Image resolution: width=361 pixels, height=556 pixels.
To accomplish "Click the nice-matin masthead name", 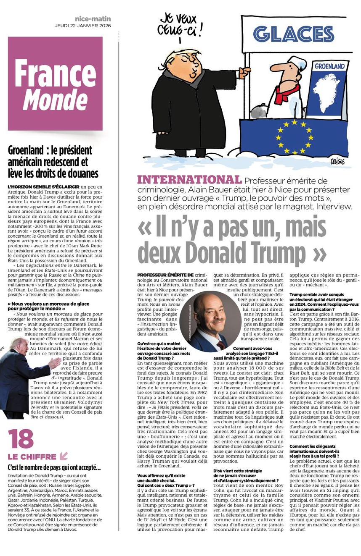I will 93,18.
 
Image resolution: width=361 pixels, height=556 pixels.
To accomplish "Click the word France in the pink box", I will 55,73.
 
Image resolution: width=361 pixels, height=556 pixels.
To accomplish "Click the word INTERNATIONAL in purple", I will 189,180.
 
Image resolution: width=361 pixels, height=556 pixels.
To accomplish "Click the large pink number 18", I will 21,438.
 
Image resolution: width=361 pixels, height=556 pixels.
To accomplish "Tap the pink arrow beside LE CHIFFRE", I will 64,456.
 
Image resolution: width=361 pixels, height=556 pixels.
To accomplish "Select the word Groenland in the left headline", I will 28,150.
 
